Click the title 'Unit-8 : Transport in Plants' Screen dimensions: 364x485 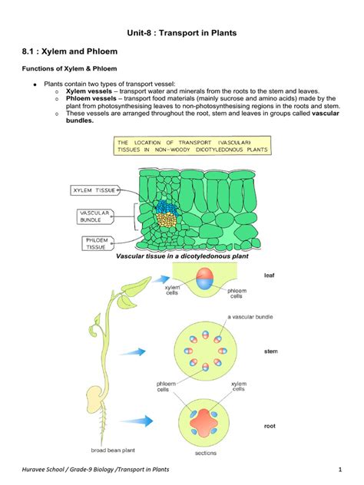click(x=182, y=33)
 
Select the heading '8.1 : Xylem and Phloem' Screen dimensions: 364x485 click(x=70, y=51)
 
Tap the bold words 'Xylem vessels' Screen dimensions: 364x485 click(x=89, y=91)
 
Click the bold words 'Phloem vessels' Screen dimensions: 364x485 click(x=91, y=99)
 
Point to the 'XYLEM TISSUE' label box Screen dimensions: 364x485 click(x=94, y=190)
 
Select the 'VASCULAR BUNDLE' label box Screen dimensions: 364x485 click(x=94, y=216)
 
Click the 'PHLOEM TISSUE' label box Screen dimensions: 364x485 click(x=98, y=243)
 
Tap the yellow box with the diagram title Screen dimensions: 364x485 click(x=192, y=146)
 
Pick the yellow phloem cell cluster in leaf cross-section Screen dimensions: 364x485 click(x=166, y=219)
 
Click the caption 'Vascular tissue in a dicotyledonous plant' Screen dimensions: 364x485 click(x=182, y=256)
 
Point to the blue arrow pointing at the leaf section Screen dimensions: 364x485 click(x=161, y=279)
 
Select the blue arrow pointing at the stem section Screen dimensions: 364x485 click(x=133, y=352)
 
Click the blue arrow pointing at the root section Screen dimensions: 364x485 click(x=137, y=421)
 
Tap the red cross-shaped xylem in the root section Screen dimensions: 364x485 click(x=204, y=423)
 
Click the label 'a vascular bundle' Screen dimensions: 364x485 click(x=250, y=317)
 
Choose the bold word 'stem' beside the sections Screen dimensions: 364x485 click(x=271, y=351)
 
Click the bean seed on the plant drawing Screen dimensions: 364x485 click(x=94, y=402)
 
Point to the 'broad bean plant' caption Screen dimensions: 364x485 click(x=113, y=450)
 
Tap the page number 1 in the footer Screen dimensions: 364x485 click(x=340, y=470)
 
